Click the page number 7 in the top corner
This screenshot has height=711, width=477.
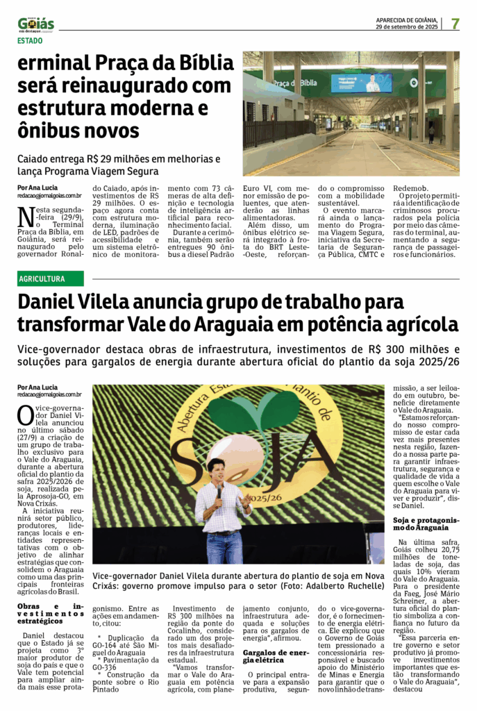pyautogui.click(x=455, y=24)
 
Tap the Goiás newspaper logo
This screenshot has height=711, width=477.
pyautogui.click(x=36, y=24)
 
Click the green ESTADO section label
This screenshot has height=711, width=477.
pyautogui.click(x=30, y=40)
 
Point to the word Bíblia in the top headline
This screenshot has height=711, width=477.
pyautogui.click(x=195, y=64)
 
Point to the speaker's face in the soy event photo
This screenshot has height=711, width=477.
pyautogui.click(x=216, y=473)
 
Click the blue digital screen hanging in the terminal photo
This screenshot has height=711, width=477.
pyautogui.click(x=360, y=83)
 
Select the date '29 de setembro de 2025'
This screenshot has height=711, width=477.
pyautogui.click(x=406, y=27)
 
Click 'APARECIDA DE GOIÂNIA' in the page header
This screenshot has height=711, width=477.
pyautogui.click(x=406, y=19)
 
